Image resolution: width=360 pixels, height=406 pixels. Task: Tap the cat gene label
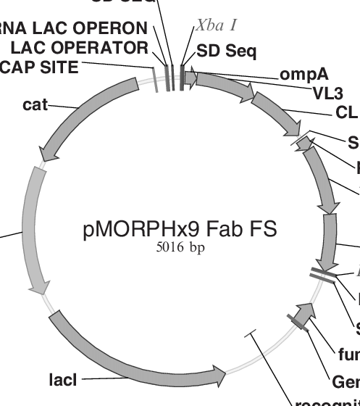point(35,106)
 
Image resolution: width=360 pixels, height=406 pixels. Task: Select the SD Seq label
point(227,51)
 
